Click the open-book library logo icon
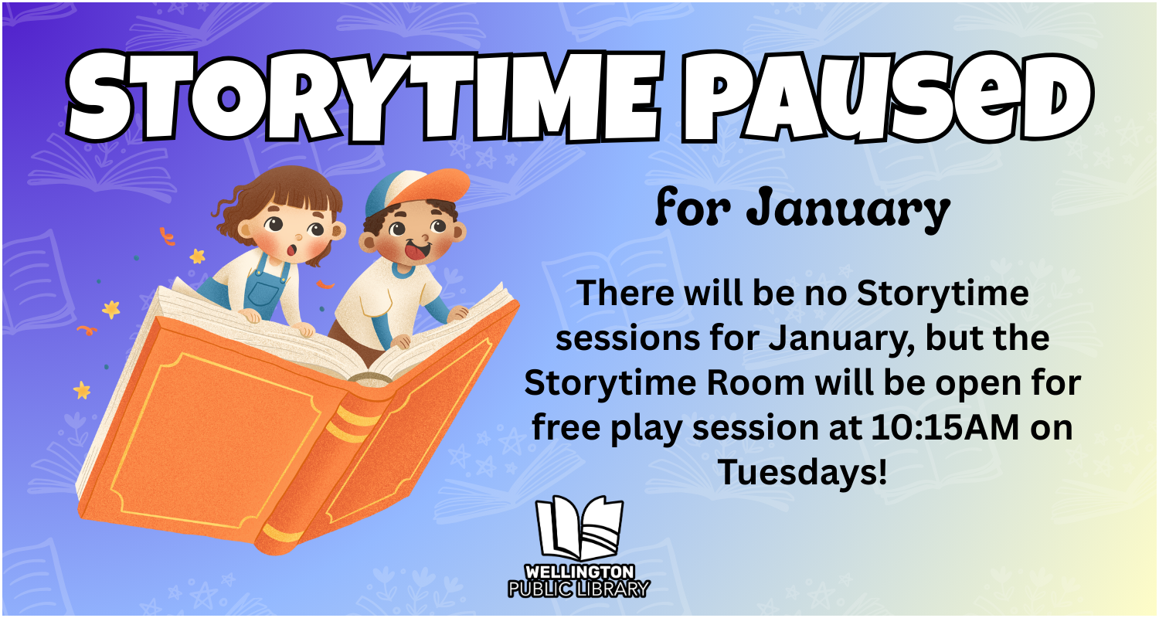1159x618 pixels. pyautogui.click(x=579, y=530)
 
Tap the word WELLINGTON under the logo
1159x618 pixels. pyautogui.click(x=579, y=572)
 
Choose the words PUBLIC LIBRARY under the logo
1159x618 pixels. pyautogui.click(x=579, y=589)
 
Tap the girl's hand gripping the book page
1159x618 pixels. pyautogui.click(x=251, y=315)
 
